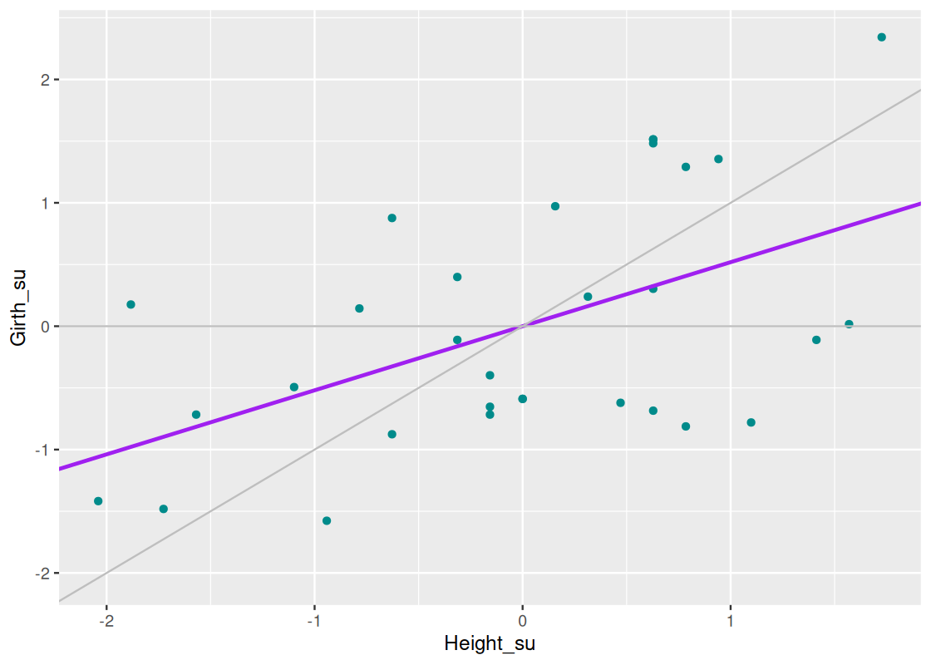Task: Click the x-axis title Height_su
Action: [489, 644]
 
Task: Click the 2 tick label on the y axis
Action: [44, 80]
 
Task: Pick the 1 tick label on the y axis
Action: [44, 203]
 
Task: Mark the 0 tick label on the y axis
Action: [44, 326]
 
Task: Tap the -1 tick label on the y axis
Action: [42, 450]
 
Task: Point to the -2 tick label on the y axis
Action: [42, 573]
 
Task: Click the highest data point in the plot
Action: [881, 37]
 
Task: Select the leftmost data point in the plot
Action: [98, 501]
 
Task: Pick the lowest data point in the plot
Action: [327, 521]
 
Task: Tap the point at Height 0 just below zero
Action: [522, 399]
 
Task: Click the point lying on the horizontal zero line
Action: [849, 324]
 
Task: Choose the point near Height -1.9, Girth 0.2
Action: [131, 304]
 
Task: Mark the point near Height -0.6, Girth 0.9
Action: [392, 218]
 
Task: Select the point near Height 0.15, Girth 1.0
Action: [555, 206]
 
